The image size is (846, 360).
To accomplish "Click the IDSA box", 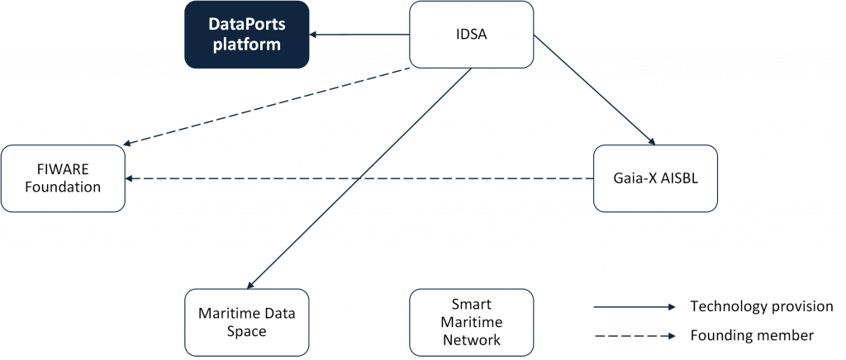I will tap(472, 35).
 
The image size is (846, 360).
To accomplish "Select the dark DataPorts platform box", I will tap(246, 35).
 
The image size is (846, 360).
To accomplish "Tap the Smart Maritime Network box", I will tap(472, 322).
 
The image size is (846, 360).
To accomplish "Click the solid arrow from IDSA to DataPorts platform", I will tap(359, 35).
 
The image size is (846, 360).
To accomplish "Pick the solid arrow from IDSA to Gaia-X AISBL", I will tap(595, 91).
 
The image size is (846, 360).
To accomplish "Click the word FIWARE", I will tap(63, 169).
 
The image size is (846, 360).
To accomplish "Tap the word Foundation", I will tap(63, 187).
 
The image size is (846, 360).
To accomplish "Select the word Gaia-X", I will tap(633, 178).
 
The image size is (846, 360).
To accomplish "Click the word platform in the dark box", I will tap(246, 45).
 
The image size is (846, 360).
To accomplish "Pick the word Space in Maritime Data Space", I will tap(246, 331).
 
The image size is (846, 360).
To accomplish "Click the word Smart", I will tap(472, 304).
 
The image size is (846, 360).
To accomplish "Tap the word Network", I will tap(472, 339).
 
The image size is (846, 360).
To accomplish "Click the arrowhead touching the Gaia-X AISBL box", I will tap(652, 141).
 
